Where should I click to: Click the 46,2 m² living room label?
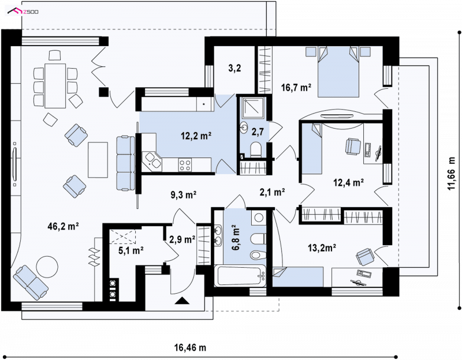point(63,226)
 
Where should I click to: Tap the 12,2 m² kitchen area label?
point(196,136)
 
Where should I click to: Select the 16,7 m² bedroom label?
point(296,88)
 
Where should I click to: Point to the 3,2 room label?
point(234,68)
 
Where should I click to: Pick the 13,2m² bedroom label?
point(322,248)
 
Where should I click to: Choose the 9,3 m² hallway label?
point(184,194)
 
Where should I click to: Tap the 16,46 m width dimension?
point(191,348)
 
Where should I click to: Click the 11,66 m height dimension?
point(452,173)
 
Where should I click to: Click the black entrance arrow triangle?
point(181,301)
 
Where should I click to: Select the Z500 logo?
point(23,12)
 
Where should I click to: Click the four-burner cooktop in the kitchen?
point(185,164)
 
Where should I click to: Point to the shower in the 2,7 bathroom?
point(254,108)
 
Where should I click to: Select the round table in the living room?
point(47,267)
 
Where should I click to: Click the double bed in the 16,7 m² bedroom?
point(338,72)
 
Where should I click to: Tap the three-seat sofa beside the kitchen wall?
point(126,163)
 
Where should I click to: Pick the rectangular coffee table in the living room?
point(98,160)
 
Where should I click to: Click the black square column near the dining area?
point(104,92)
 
